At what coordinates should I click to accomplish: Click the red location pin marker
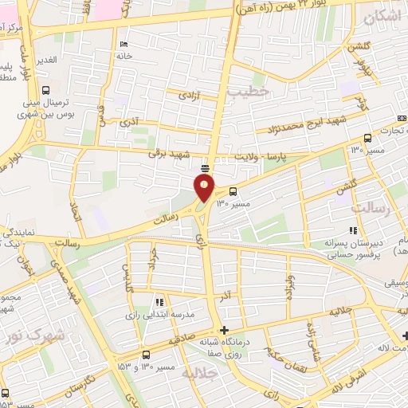(x=205, y=187)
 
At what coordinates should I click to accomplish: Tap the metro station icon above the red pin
(x=206, y=167)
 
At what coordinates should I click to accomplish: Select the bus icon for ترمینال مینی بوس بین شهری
(x=46, y=90)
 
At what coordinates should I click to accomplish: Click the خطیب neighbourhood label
(x=248, y=92)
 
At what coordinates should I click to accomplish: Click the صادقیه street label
(x=182, y=340)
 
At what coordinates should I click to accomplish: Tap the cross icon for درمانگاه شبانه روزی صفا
(x=225, y=329)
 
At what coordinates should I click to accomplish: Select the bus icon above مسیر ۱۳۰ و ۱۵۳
(x=145, y=355)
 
